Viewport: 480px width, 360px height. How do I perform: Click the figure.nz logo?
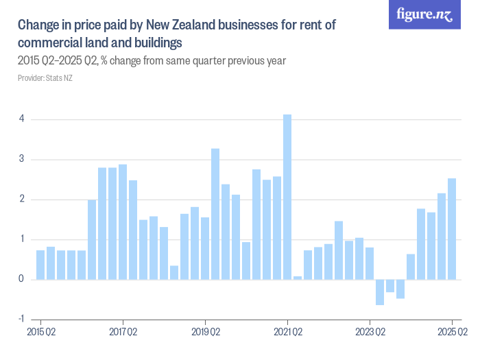point(424,14)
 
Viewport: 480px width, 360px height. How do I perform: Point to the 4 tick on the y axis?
point(22,119)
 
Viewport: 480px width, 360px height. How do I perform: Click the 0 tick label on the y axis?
point(22,279)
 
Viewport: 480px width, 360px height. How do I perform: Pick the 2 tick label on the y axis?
point(22,200)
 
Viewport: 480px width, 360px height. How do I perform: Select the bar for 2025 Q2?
point(452,229)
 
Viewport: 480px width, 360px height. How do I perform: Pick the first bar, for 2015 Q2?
point(40,265)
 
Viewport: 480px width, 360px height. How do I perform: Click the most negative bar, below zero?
point(380,292)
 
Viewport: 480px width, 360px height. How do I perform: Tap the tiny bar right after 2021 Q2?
point(298,278)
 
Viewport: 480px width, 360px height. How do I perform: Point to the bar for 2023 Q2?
point(370,263)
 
